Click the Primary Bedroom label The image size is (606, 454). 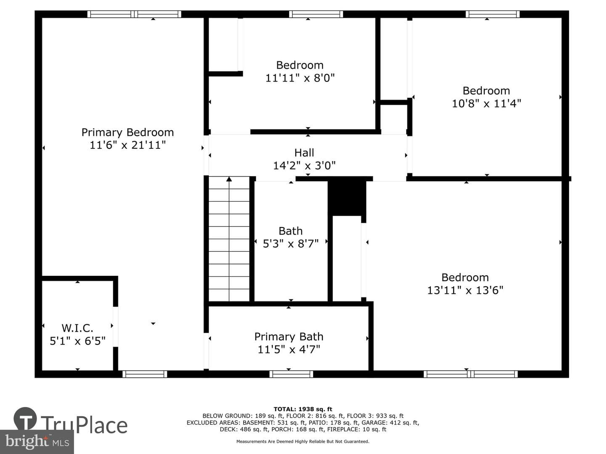(x=128, y=132)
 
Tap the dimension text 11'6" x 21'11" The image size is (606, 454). (x=128, y=145)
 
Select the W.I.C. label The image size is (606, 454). (x=77, y=328)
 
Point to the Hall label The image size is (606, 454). (x=304, y=153)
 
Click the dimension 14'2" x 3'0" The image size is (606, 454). (x=304, y=165)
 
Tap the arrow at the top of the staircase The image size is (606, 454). (x=229, y=179)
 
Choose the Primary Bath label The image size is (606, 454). (x=289, y=337)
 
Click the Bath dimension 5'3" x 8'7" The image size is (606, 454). (x=290, y=243)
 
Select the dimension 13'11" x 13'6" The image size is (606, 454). (x=465, y=290)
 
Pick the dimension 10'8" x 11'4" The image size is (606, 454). (x=486, y=104)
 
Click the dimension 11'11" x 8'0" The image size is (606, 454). (x=300, y=78)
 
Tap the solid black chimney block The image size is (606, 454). (x=347, y=198)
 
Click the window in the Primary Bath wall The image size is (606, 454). (x=291, y=374)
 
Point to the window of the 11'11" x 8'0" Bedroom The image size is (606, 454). (x=316, y=14)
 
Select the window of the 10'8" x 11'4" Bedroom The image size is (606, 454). (x=492, y=14)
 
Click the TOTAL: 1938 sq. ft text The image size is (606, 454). (x=303, y=409)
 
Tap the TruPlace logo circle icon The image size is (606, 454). (x=25, y=418)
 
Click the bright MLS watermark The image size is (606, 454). (x=37, y=441)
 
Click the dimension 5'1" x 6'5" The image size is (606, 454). (x=77, y=341)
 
